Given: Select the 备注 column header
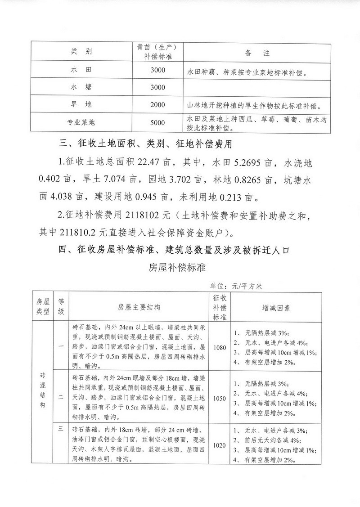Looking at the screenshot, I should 257,53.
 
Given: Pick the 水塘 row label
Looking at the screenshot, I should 81,87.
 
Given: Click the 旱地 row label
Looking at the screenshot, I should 81,104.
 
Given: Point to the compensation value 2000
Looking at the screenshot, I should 158,104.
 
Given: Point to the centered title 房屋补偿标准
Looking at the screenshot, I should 177,268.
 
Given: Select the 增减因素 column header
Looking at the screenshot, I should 276,308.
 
